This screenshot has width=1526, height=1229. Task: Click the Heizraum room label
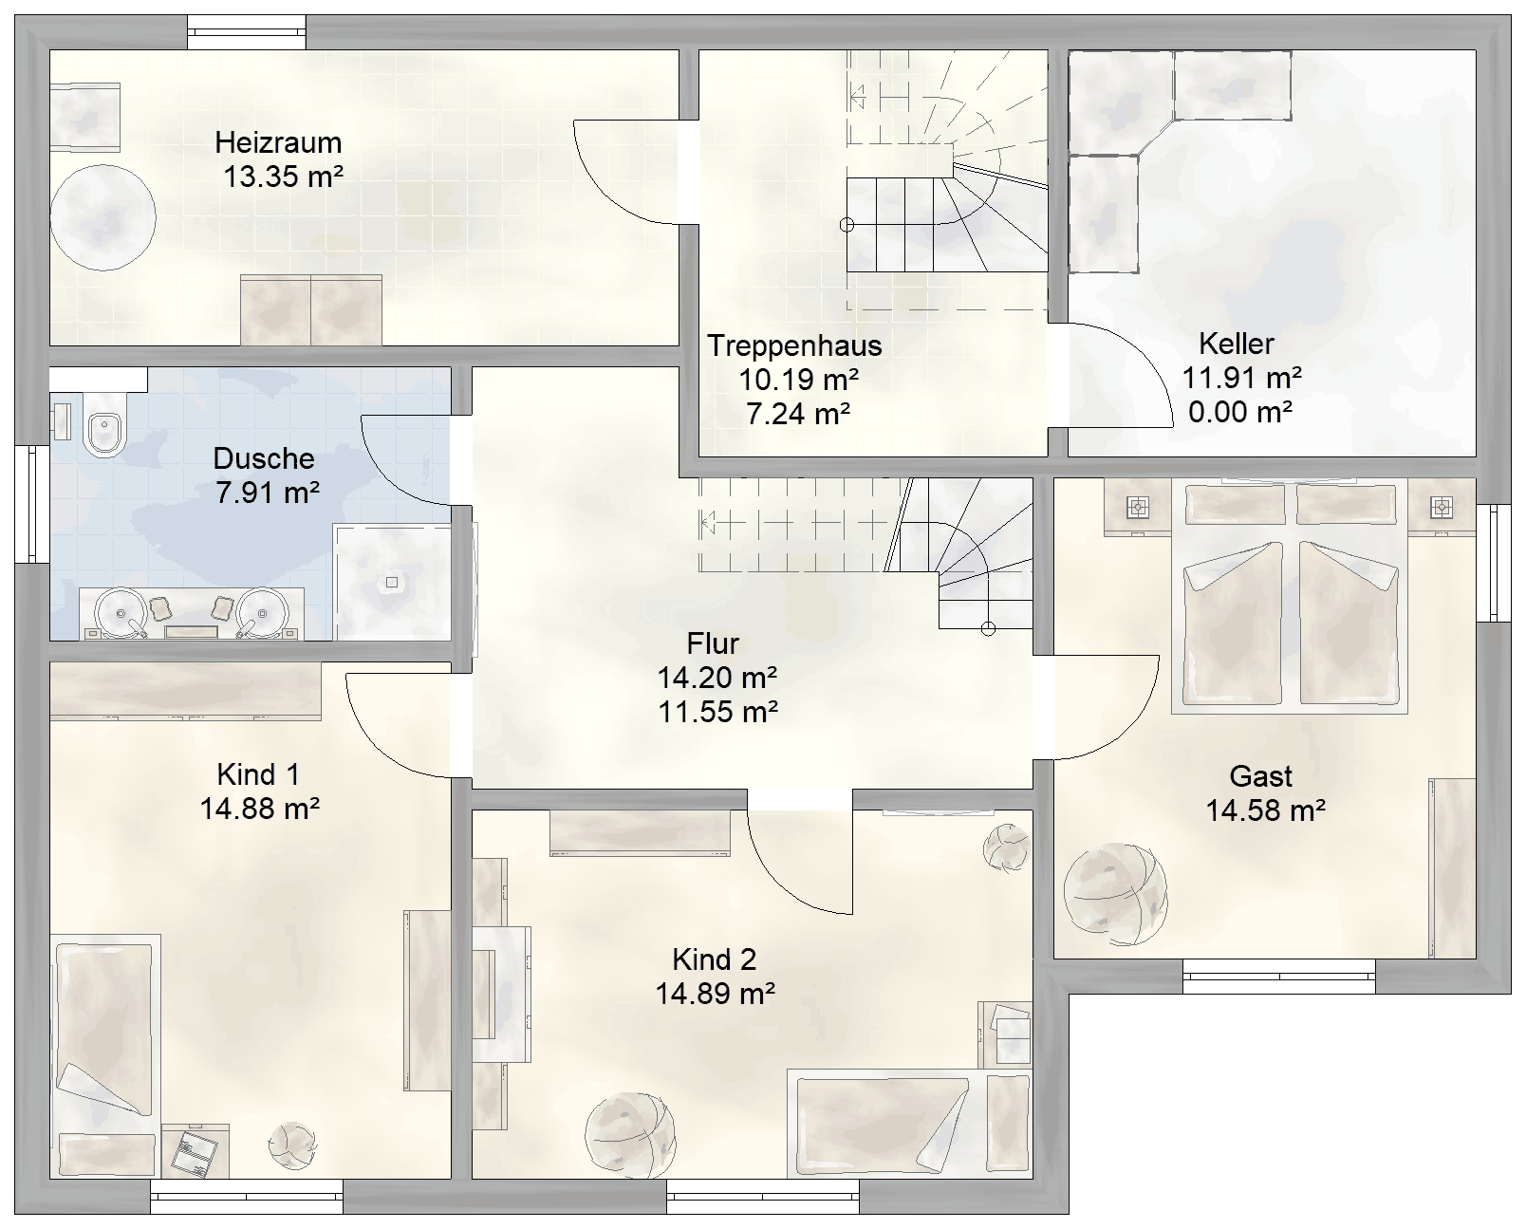(x=278, y=142)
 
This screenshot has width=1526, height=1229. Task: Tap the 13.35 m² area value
(x=283, y=177)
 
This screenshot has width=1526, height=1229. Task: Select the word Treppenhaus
(x=794, y=346)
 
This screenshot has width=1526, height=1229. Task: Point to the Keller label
(x=1236, y=344)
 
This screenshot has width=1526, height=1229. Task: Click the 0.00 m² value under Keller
(x=1239, y=411)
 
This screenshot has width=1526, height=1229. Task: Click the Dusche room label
(x=264, y=458)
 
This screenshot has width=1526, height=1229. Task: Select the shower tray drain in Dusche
(x=391, y=583)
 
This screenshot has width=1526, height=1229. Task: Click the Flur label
(x=713, y=644)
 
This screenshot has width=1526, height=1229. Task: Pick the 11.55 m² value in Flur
(x=717, y=712)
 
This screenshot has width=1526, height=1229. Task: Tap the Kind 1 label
(x=258, y=774)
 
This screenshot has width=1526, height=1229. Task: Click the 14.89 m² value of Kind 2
(x=715, y=994)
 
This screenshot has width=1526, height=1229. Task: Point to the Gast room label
(x=1261, y=776)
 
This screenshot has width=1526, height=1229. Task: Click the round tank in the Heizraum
(x=102, y=217)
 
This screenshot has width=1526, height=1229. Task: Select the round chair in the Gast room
(x=1115, y=894)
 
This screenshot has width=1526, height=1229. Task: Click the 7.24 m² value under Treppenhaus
(x=798, y=414)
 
